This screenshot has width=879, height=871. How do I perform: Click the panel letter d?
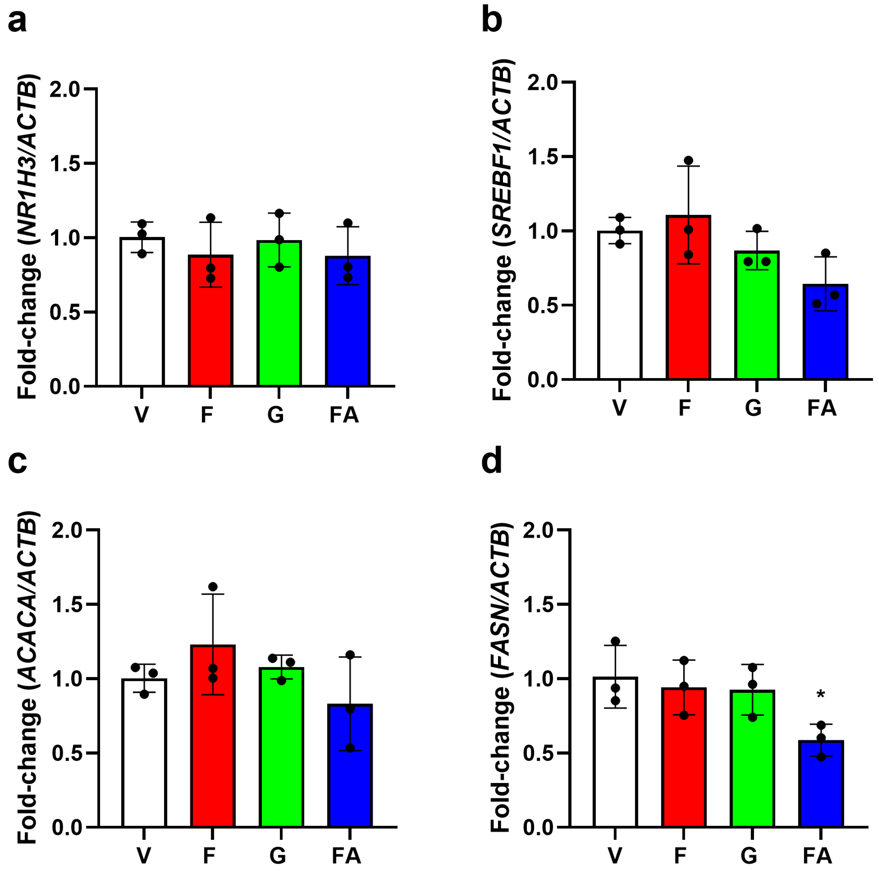click(x=491, y=461)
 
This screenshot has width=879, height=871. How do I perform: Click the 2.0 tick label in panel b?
click(x=542, y=82)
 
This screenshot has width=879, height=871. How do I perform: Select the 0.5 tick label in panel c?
click(x=67, y=753)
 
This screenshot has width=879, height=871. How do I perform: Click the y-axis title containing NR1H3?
click(x=27, y=236)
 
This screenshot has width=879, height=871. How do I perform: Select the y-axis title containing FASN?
click(x=500, y=678)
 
